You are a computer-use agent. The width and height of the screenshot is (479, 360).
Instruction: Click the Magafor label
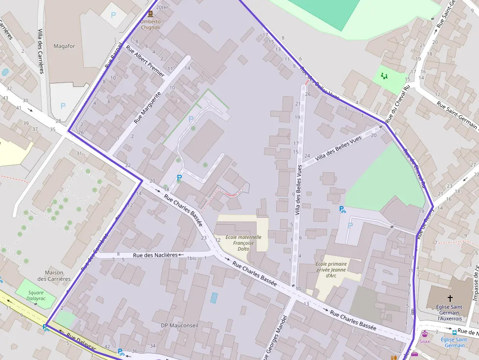click(x=64, y=46)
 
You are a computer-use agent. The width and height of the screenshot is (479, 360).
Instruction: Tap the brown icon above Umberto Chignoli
click(x=150, y=15)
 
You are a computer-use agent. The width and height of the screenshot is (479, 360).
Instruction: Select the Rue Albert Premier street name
click(x=146, y=62)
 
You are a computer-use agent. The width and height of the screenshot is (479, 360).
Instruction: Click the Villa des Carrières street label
click(x=41, y=51)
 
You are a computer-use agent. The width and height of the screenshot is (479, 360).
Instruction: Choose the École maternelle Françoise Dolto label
click(x=243, y=243)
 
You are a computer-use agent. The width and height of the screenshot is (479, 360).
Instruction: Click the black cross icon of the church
click(x=450, y=297)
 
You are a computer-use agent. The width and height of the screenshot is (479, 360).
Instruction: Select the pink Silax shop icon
click(x=425, y=334)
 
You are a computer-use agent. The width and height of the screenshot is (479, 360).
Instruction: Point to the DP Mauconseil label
click(x=178, y=325)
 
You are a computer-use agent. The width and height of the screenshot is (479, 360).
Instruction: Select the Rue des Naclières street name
click(x=155, y=255)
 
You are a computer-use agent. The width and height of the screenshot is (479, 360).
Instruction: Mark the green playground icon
click(x=384, y=76)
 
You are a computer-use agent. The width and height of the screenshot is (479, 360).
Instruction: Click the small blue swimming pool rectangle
click(x=214, y=297)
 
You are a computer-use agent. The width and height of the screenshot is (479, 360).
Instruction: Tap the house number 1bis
click(x=192, y=258)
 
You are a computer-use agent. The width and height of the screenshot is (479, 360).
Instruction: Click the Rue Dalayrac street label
click(x=81, y=341)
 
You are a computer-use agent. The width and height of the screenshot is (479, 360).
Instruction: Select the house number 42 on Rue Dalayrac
click(x=107, y=346)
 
